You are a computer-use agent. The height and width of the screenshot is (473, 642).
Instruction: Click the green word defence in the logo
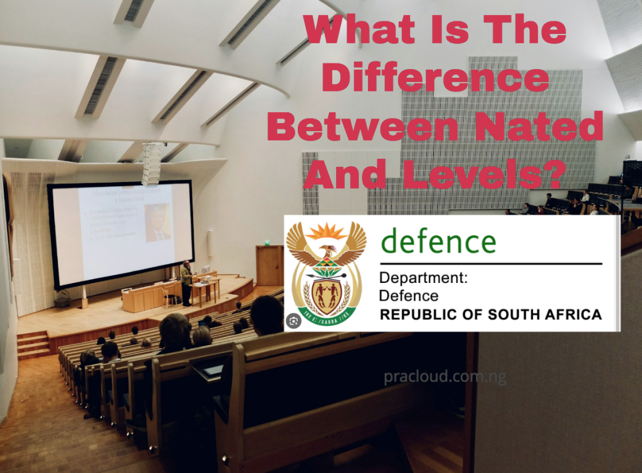[x=438, y=242]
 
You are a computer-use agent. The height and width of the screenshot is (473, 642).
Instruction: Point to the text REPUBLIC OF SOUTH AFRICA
[x=490, y=314]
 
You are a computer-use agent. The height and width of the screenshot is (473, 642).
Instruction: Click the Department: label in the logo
[x=423, y=278]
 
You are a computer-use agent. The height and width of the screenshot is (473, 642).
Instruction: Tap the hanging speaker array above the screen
[x=151, y=164]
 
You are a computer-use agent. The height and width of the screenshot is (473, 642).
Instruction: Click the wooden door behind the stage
[x=270, y=265]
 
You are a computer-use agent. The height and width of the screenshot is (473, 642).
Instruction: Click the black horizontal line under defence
[x=490, y=263]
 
